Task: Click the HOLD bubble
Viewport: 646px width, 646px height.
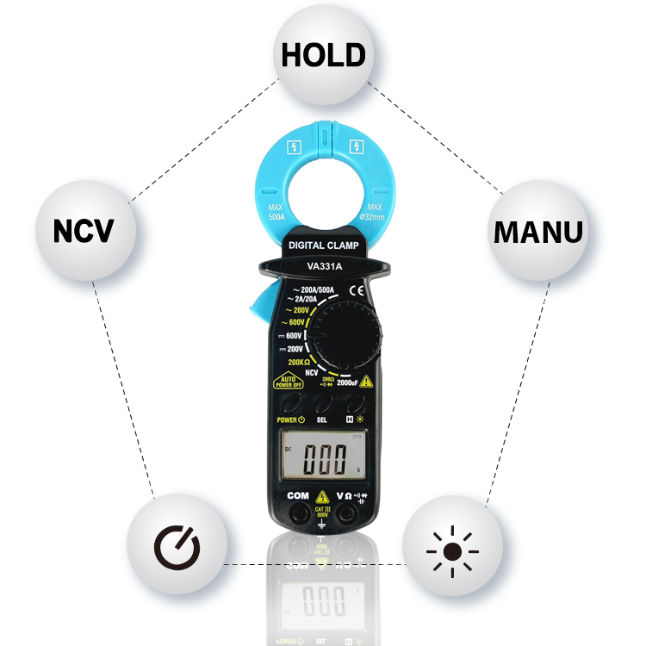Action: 323,55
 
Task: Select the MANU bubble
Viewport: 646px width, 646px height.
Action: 537,231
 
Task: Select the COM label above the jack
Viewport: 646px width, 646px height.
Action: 298,495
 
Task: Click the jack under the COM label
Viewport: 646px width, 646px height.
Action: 299,514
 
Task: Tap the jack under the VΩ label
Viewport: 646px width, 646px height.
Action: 348,514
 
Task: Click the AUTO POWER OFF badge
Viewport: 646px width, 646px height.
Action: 289,382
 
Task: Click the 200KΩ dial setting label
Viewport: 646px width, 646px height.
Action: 295,361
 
